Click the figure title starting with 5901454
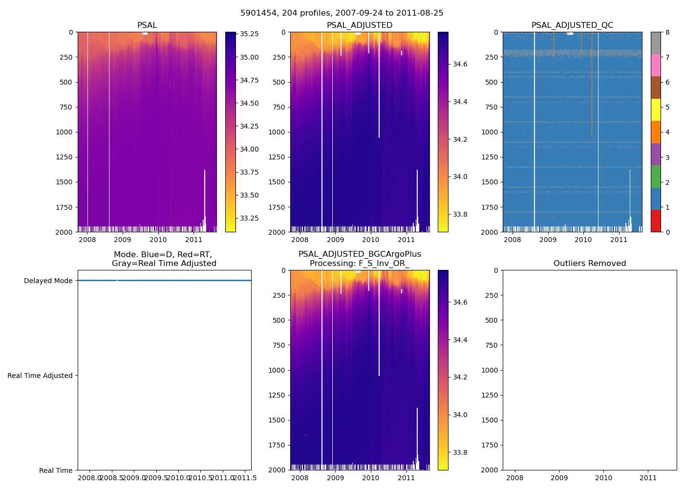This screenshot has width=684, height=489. pyautogui.click(x=342, y=13)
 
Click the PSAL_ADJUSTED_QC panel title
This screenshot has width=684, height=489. pyautogui.click(x=572, y=25)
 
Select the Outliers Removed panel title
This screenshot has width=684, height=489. pyautogui.click(x=589, y=264)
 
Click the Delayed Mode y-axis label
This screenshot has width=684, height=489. pyautogui.click(x=48, y=281)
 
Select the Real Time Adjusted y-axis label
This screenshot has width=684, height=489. pyautogui.click(x=40, y=376)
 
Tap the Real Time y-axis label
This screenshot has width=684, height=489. pyautogui.click(x=56, y=470)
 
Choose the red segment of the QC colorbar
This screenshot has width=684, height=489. pyautogui.click(x=656, y=221)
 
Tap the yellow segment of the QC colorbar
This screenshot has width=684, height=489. pyautogui.click(x=656, y=110)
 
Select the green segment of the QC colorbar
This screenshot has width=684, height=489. pyautogui.click(x=656, y=177)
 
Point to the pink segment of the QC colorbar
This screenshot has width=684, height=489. pyautogui.click(x=656, y=65)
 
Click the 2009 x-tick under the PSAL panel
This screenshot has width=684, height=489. pyautogui.click(x=123, y=240)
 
